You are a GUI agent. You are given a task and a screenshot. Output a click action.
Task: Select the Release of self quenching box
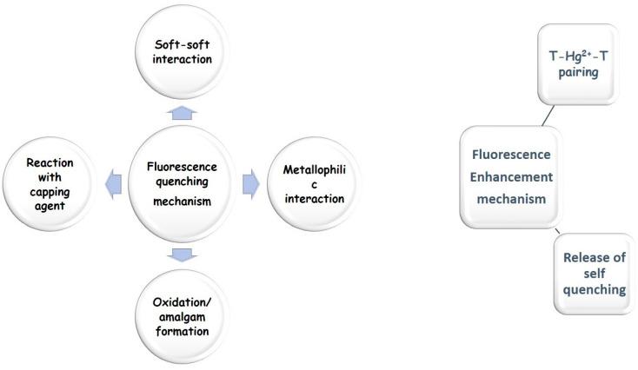(595, 274)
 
